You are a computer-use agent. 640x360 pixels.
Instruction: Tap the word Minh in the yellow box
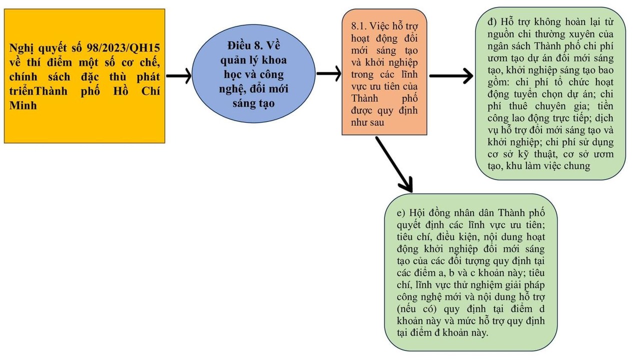click(23, 105)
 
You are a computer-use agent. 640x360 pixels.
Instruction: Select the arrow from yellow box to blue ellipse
click(178, 76)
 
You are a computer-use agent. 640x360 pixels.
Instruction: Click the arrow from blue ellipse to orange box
click(328, 73)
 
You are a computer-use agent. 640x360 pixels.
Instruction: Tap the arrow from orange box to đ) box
click(450, 76)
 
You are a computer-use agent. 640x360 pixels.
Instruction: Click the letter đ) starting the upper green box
click(491, 22)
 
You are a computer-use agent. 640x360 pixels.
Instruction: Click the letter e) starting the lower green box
click(400, 212)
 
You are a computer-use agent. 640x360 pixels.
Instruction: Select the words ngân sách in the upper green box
click(509, 46)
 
